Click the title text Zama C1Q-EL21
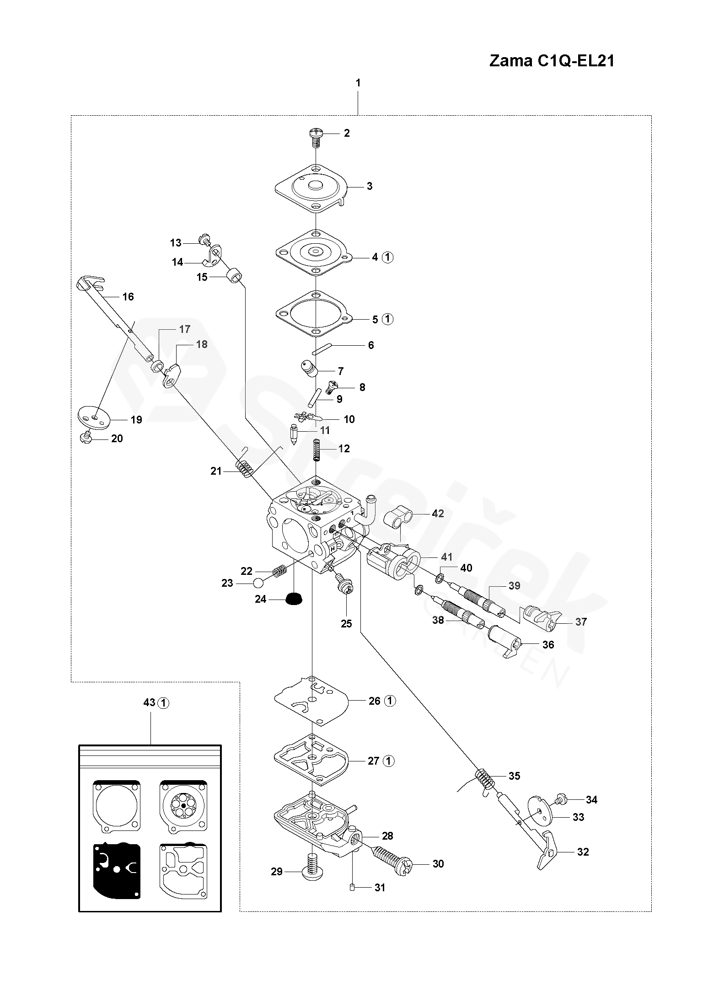click(x=552, y=61)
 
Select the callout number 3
click(x=370, y=186)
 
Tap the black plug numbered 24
click(x=293, y=599)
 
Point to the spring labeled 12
click(x=317, y=450)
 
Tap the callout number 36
click(x=548, y=644)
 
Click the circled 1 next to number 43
click(x=164, y=703)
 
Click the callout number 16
click(x=128, y=297)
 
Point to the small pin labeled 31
click(x=353, y=888)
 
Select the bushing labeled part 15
click(x=236, y=276)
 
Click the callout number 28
click(x=387, y=836)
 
